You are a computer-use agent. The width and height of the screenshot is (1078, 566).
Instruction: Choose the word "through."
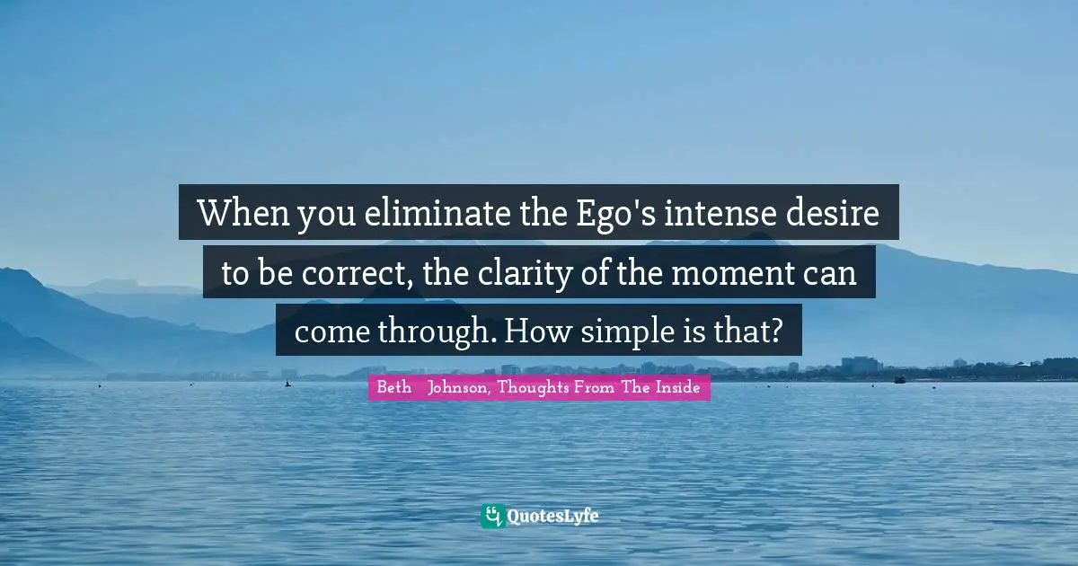(437, 332)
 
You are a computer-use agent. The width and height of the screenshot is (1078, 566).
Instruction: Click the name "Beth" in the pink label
(393, 388)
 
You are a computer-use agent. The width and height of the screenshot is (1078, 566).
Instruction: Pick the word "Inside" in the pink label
(677, 388)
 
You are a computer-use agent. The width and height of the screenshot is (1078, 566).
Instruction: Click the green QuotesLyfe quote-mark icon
(492, 516)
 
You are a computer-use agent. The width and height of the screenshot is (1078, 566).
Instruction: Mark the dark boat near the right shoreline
(899, 379)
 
